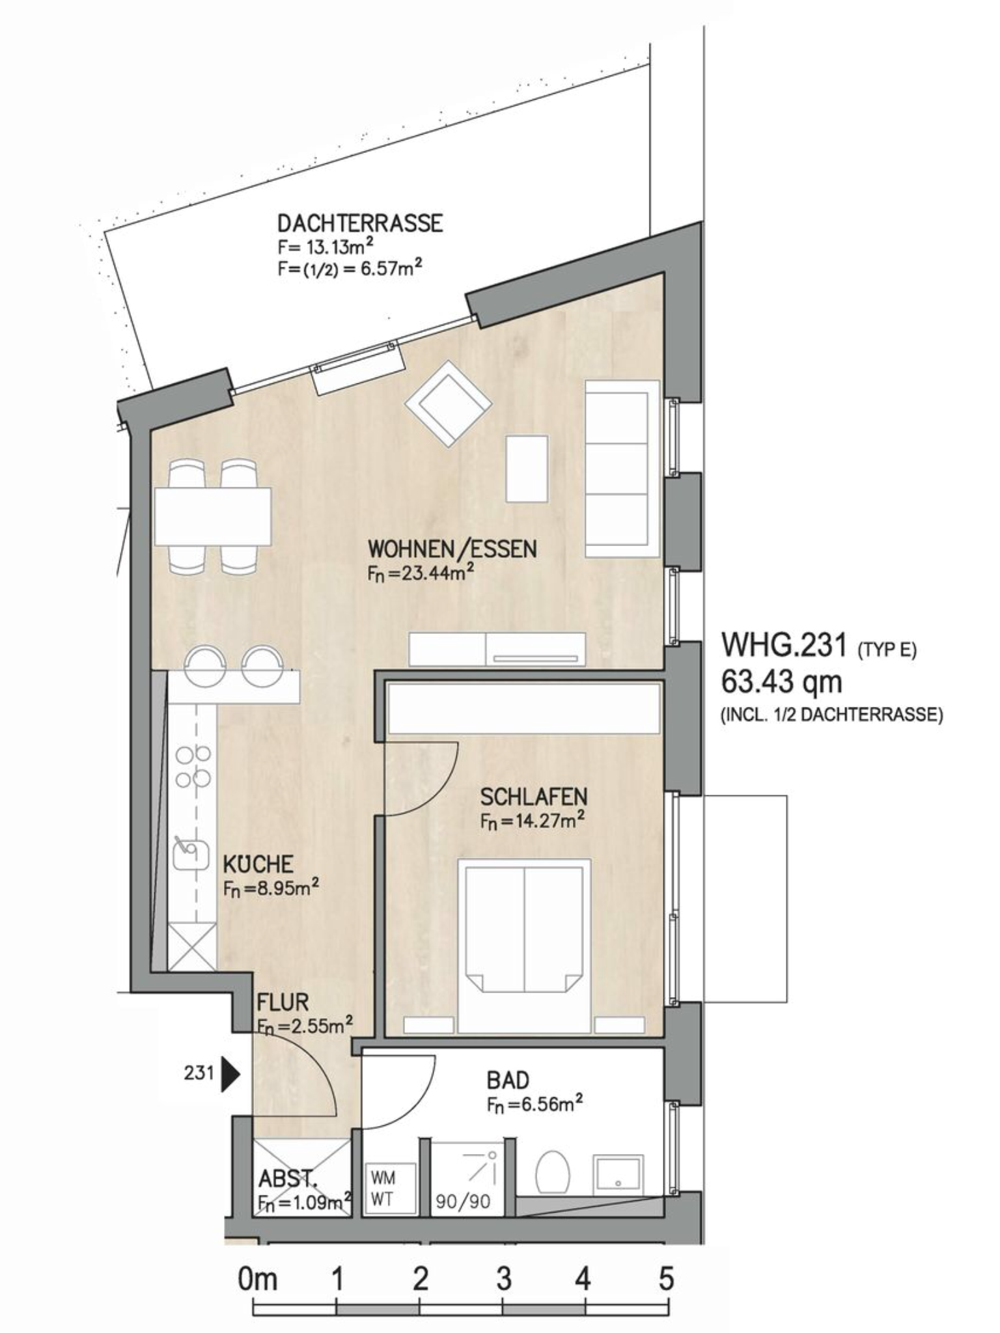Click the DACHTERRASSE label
(360, 223)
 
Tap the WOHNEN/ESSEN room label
(452, 549)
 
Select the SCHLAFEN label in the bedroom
(534, 797)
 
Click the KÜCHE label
(258, 865)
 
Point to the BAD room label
(508, 1081)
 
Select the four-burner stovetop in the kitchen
(193, 767)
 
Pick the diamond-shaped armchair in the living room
(448, 403)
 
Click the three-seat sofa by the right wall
(623, 469)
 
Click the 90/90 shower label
(463, 1202)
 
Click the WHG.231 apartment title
(785, 645)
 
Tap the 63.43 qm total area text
(781, 682)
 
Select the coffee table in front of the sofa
(527, 469)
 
